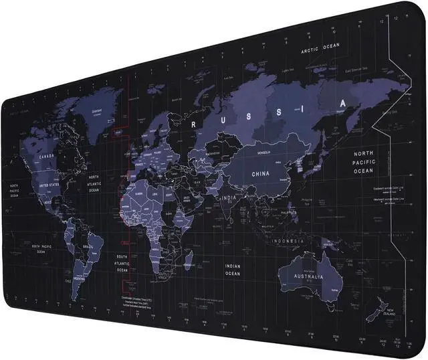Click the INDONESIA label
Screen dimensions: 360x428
[288, 240]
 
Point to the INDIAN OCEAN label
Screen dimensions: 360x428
[232, 269]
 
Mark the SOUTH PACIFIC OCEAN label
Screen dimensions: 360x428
[41, 250]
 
